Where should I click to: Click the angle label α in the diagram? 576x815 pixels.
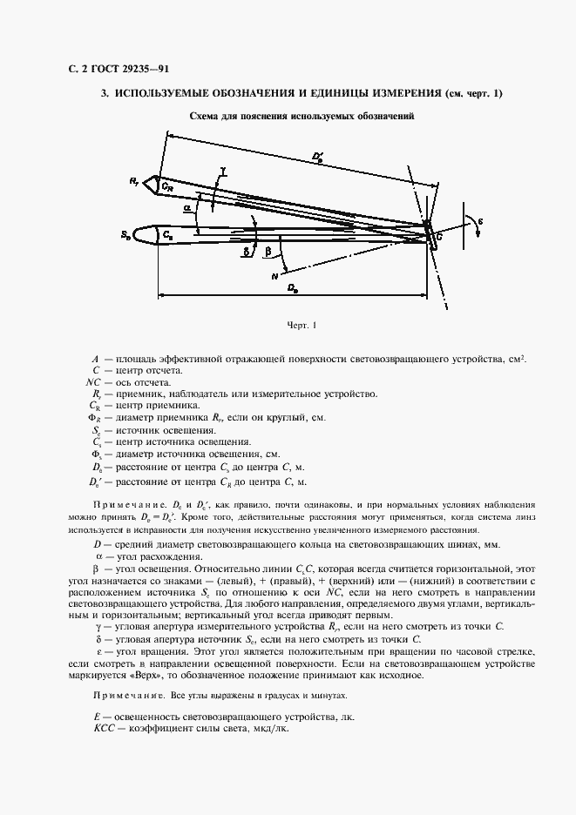tap(186, 210)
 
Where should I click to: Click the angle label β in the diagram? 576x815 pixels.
tap(268, 252)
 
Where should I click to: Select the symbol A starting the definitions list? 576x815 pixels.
tap(94, 359)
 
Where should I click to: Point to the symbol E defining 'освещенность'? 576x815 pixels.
tap(96, 716)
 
